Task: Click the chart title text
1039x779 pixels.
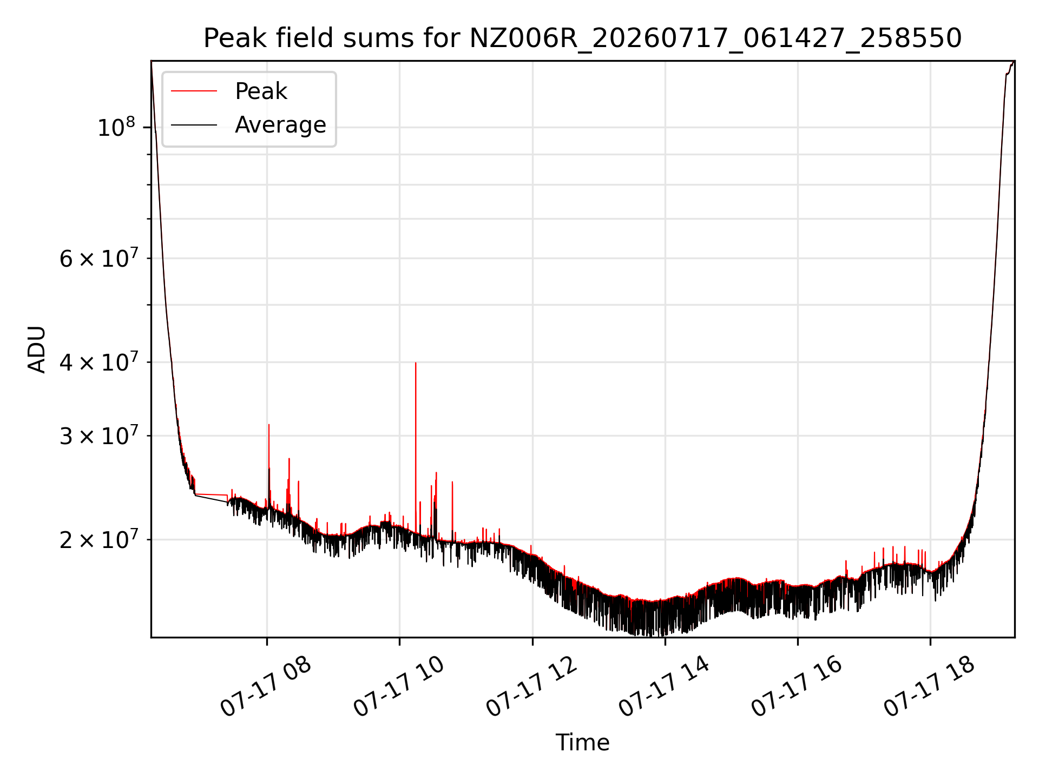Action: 582,38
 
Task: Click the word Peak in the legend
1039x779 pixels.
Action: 261,91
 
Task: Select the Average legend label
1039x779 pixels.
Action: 280,125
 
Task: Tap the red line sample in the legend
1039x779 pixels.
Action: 194,91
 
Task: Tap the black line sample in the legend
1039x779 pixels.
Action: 194,125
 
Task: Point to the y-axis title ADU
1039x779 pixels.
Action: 37,349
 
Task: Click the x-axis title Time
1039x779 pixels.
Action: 582,743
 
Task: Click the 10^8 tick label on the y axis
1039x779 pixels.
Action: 116,128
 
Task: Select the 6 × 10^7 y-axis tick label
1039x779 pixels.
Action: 98,259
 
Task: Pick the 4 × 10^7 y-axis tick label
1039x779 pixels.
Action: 98,362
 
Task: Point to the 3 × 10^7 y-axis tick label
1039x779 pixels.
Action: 98,435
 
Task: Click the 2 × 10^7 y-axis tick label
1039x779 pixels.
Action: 98,539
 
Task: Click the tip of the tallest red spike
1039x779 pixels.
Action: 416,362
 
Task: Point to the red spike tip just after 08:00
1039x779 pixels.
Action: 269,425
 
